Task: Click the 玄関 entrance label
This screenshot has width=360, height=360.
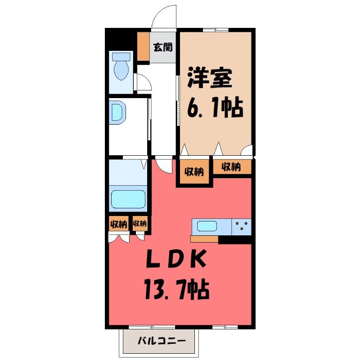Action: click(163, 47)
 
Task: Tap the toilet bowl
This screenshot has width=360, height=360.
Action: click(121, 66)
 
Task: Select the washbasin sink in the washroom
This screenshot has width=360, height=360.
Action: click(117, 112)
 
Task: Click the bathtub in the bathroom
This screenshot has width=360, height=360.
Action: click(128, 199)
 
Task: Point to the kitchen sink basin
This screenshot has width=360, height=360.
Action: click(207, 226)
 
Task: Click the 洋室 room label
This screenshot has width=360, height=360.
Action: click(210, 78)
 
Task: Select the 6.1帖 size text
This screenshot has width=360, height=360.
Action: click(215, 108)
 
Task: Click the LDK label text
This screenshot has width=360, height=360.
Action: click(176, 259)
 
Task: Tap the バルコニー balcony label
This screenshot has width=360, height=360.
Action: click(162, 341)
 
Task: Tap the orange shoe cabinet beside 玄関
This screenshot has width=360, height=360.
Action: click(144, 46)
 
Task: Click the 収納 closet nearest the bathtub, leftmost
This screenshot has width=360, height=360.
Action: click(118, 224)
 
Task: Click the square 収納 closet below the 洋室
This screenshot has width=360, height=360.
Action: click(194, 171)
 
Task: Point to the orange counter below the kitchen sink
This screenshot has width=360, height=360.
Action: click(204, 239)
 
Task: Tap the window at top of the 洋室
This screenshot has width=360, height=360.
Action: click(216, 30)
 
